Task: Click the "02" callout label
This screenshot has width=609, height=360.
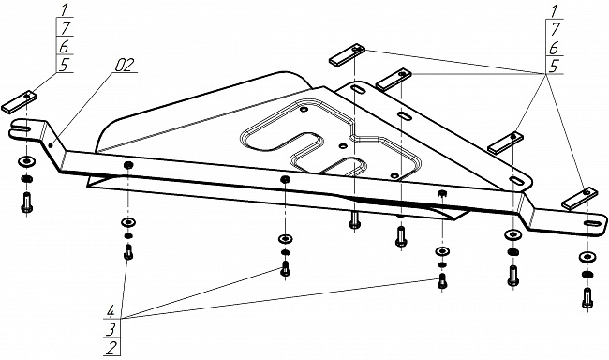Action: pos(125,65)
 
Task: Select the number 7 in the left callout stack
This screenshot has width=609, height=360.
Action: pos(66,28)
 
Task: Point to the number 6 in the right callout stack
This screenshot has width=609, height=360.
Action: pos(555,48)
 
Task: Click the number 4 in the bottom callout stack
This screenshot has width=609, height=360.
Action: pos(111,312)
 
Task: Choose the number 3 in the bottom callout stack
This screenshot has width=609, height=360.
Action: pos(111,330)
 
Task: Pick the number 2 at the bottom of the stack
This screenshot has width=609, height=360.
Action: pos(111,348)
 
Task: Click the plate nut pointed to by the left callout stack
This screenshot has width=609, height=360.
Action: pos(20,101)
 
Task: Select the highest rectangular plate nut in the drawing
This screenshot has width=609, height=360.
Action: pos(347,54)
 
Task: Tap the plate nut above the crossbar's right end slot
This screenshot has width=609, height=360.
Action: pos(580,199)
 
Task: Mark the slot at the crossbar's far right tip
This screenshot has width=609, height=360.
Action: pos(591,223)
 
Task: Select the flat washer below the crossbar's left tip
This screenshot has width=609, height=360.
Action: pos(26,161)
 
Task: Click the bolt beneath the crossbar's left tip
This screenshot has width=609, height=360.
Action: pos(26,202)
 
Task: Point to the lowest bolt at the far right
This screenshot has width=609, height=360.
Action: pos(587,298)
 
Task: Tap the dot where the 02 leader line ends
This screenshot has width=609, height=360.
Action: pos(51,146)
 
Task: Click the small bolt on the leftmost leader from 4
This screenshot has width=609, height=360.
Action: pos(128,252)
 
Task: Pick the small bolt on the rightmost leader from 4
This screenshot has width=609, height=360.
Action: pos(442,280)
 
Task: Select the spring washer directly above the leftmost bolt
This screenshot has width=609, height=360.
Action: pos(26,179)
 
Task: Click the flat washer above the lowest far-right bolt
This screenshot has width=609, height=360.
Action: pos(587,257)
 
